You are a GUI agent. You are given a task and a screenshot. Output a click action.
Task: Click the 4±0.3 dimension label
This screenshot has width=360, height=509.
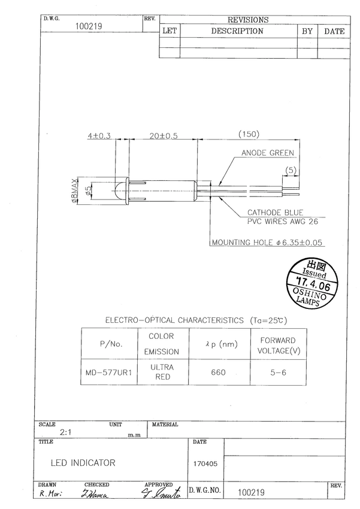[99, 136]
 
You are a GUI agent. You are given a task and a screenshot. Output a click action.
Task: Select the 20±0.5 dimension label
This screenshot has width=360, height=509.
[163, 136]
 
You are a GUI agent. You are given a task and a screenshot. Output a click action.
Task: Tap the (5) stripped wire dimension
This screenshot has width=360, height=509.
[291, 170]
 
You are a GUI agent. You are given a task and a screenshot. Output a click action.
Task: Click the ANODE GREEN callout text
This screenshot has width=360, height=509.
[267, 153]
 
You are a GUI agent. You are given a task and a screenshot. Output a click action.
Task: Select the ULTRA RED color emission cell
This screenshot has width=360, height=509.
[162, 372]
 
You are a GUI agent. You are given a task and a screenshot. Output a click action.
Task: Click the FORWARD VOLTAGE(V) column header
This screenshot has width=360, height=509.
[277, 345]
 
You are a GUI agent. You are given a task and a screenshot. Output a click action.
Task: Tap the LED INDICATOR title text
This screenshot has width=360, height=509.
[83, 463]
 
